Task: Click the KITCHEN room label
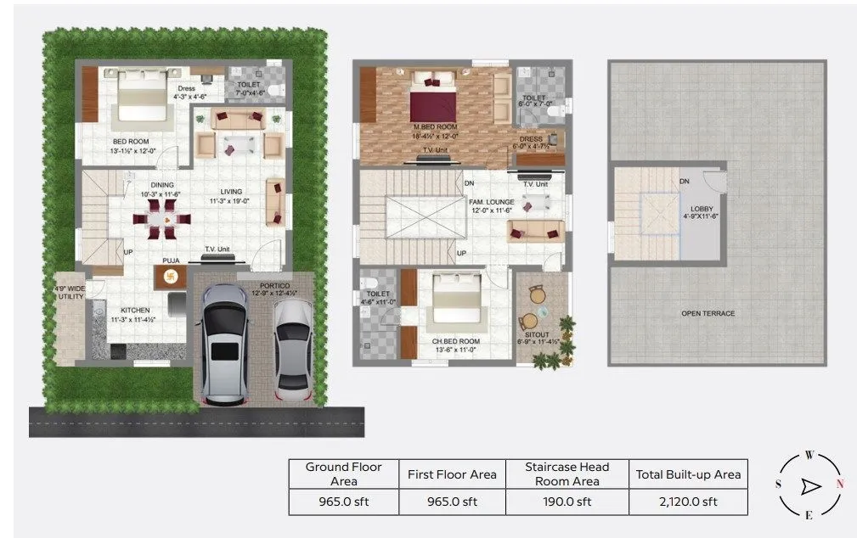(136, 311)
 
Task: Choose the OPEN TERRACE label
(708, 314)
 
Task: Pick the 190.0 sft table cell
(567, 502)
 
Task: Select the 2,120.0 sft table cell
(688, 502)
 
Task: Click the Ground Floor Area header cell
(343, 474)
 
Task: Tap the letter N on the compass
(841, 485)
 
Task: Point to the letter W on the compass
(809, 456)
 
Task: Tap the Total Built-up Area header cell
(688, 474)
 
